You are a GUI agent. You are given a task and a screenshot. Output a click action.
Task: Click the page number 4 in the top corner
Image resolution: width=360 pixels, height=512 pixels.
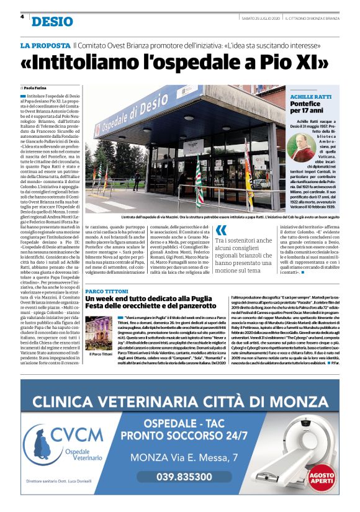pos(22,17)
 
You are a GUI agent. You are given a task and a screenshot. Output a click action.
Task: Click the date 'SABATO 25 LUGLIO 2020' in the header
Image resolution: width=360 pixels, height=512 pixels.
pos(261,17)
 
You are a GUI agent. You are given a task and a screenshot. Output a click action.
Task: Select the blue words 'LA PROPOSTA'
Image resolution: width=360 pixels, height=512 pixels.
pos(45,46)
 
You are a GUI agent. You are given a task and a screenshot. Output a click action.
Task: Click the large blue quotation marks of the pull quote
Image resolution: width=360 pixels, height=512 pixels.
pos(220,234)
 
